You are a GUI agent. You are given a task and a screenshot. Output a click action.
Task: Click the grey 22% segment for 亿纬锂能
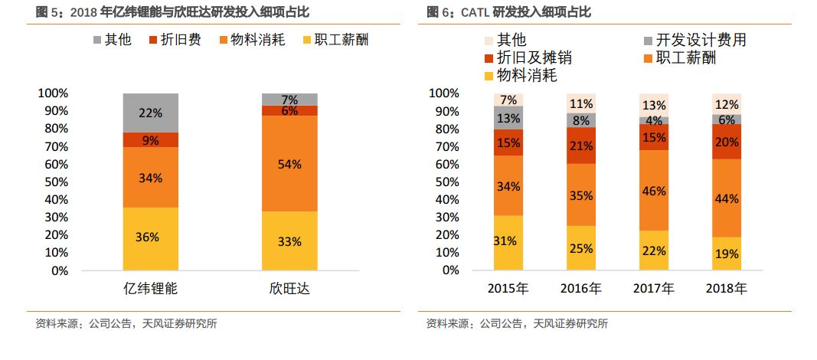(150, 113)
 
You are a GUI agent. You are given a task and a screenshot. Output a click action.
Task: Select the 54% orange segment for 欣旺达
(289, 164)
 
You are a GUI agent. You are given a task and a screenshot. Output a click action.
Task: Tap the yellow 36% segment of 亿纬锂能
(150, 237)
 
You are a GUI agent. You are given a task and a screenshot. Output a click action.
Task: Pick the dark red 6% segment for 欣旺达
(289, 110)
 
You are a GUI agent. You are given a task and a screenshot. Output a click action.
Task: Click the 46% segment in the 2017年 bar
(653, 191)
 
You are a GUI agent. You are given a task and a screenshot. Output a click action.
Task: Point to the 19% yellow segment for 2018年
(727, 253)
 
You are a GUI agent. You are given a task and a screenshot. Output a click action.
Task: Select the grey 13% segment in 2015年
(508, 118)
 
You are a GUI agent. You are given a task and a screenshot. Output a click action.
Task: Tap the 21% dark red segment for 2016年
(581, 146)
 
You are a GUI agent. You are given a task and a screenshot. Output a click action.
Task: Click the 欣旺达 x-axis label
(289, 289)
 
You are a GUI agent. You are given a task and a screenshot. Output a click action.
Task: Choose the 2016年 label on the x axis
(581, 289)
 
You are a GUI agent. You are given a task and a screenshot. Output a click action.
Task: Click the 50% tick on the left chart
(53, 182)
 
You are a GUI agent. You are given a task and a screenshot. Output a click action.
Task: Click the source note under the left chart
(126, 323)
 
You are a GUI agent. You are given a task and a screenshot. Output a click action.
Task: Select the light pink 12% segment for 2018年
(727, 104)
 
